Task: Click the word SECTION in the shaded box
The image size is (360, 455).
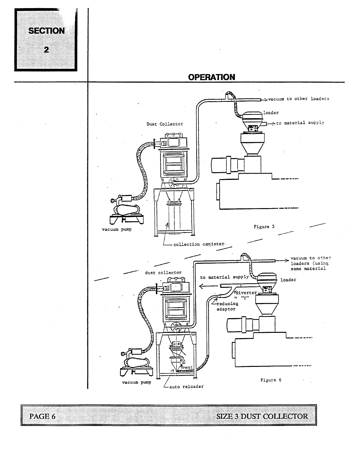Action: (x=47, y=31)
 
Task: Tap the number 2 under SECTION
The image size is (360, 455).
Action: (x=46, y=50)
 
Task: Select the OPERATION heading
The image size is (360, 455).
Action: (x=211, y=77)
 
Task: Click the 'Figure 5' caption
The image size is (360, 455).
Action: (x=264, y=227)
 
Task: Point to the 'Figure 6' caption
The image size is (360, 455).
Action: (x=271, y=380)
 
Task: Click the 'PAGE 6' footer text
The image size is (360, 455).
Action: (x=42, y=416)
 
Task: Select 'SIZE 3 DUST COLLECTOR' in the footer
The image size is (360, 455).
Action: (x=262, y=416)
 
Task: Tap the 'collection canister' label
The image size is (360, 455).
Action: (x=199, y=244)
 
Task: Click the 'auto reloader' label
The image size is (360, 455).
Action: (x=186, y=387)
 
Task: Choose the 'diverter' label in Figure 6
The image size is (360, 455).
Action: (x=246, y=293)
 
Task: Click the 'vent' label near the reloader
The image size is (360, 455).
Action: (x=187, y=367)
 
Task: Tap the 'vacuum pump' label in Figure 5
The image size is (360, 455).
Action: (x=117, y=229)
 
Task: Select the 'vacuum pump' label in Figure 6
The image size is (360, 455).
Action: (x=136, y=382)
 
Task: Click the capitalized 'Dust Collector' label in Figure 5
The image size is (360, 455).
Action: (x=165, y=124)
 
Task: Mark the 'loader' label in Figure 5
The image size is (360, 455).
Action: (x=271, y=113)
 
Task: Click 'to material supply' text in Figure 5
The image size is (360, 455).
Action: (x=300, y=123)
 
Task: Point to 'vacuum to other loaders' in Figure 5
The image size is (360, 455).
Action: (x=298, y=99)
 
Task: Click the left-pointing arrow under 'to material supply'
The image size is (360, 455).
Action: (x=209, y=287)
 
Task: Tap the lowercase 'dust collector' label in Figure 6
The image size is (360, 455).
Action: (x=163, y=273)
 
